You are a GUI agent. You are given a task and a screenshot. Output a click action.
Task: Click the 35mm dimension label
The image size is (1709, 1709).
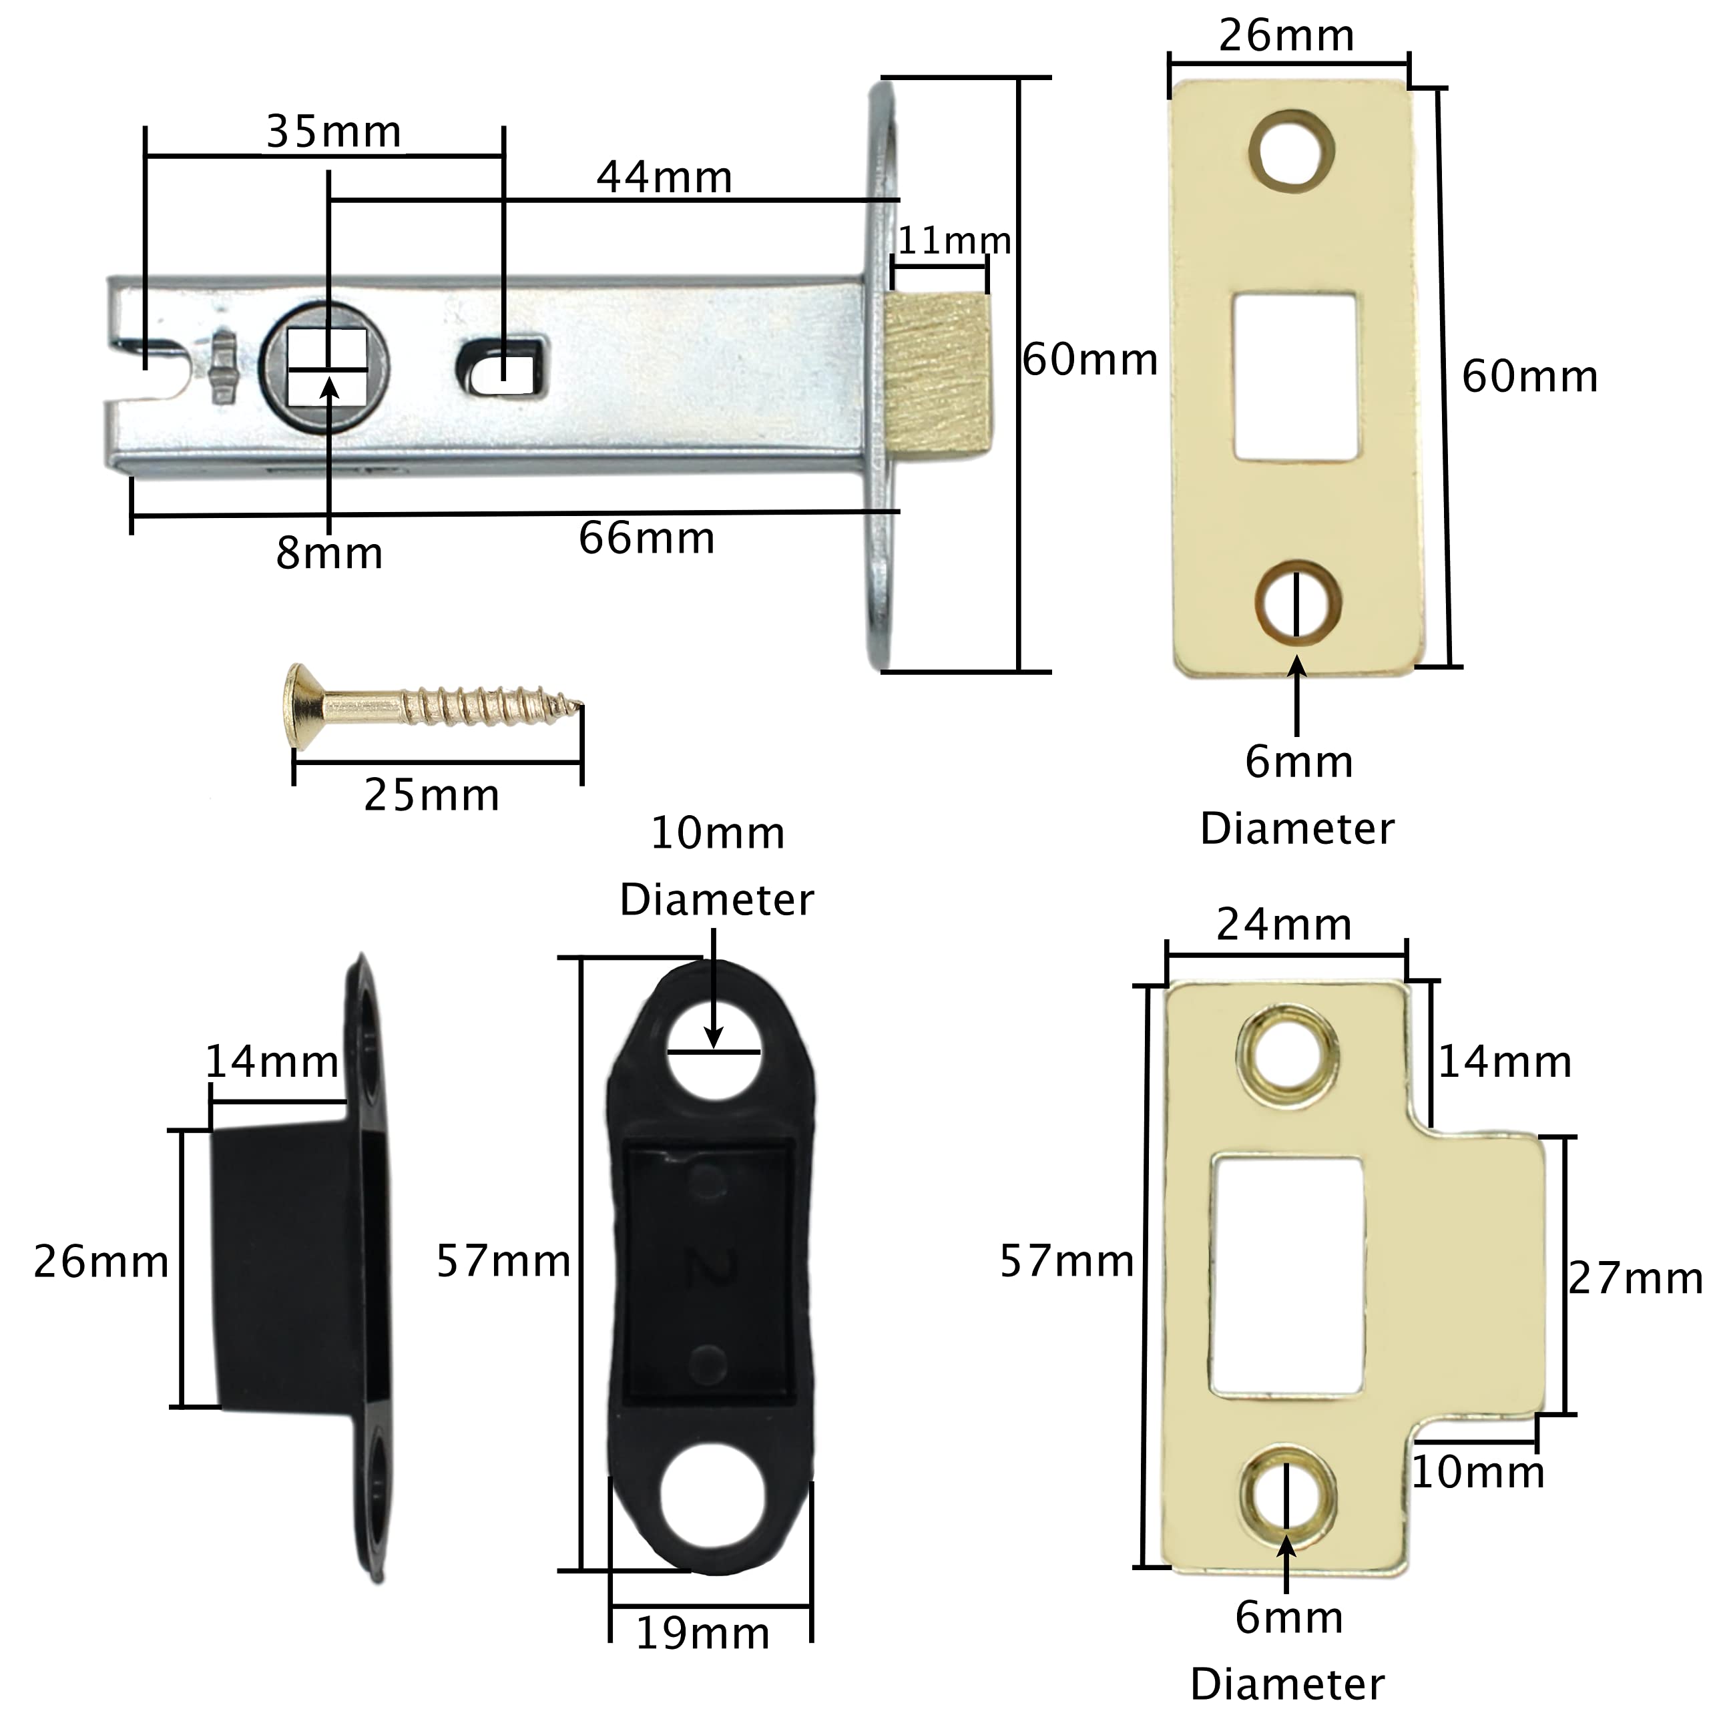pyautogui.click(x=334, y=133)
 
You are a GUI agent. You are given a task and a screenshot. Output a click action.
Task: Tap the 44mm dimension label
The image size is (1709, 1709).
pyautogui.click(x=664, y=178)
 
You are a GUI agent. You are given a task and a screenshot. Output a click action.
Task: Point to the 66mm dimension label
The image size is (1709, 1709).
pyautogui.click(x=647, y=539)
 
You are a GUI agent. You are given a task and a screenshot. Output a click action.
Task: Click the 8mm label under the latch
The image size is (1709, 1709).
pyautogui.click(x=329, y=553)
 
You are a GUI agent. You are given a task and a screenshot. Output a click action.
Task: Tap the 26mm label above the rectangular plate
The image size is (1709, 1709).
pyautogui.click(x=1287, y=36)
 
